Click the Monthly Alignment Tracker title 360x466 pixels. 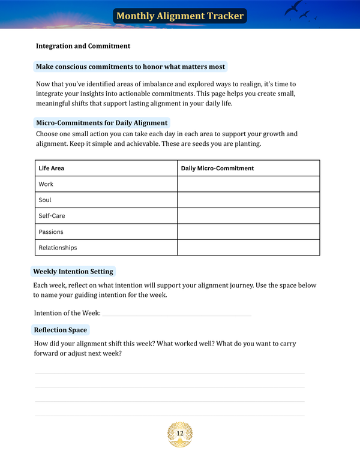click(180, 16)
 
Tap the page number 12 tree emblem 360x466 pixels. click(180, 434)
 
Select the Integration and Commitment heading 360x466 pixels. click(83, 46)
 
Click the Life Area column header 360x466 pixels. click(52, 169)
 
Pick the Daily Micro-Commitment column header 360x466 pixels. click(217, 169)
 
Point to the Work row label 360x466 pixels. click(46, 184)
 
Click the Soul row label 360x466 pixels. click(45, 200)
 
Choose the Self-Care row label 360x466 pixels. click(51, 216)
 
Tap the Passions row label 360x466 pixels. click(51, 232)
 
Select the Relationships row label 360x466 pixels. click(58, 248)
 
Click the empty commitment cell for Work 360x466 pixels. click(248, 184)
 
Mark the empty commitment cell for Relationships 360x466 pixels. click(248, 248)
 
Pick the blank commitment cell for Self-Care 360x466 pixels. click(248, 216)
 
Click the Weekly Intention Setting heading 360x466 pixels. click(73, 272)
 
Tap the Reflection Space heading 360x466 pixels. click(61, 330)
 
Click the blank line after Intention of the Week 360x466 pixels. click(176, 314)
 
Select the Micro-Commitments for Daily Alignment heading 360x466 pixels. click(102, 123)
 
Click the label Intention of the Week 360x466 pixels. click(67, 313)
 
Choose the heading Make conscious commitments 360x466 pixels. click(131, 67)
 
